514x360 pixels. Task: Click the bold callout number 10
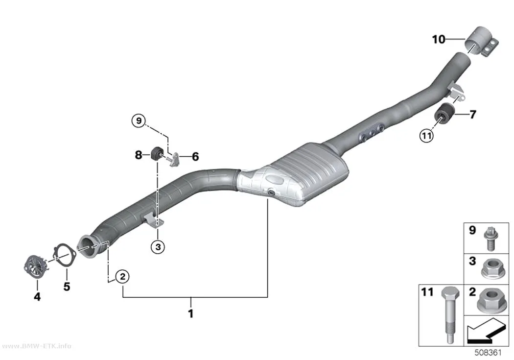[439, 39]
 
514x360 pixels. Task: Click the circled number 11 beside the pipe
[426, 135]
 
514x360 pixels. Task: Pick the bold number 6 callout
[195, 157]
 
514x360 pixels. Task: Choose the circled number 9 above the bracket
[139, 120]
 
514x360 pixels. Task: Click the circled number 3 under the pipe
[158, 246]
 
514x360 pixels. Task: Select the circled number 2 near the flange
[122, 276]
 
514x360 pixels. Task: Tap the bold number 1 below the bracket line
[191, 313]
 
